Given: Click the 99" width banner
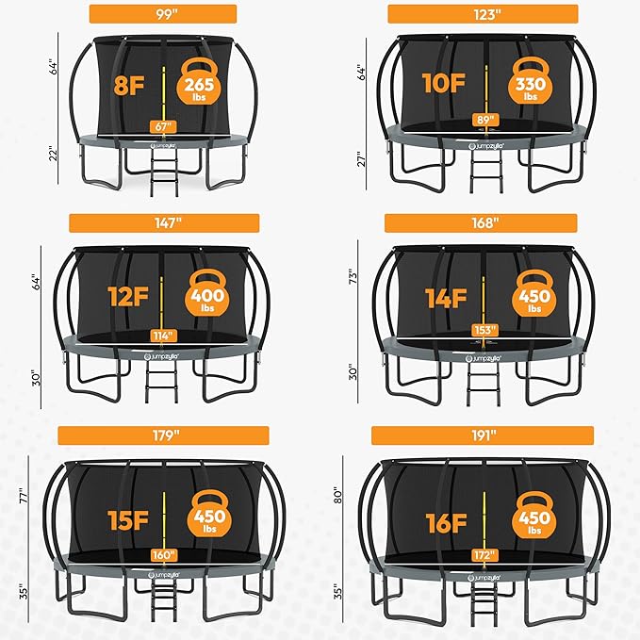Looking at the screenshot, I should point(162,13).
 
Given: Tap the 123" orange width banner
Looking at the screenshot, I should point(483,13).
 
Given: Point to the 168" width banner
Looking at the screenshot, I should point(483,223).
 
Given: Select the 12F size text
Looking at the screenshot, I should point(125,298).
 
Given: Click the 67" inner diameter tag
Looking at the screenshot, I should point(164,126).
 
